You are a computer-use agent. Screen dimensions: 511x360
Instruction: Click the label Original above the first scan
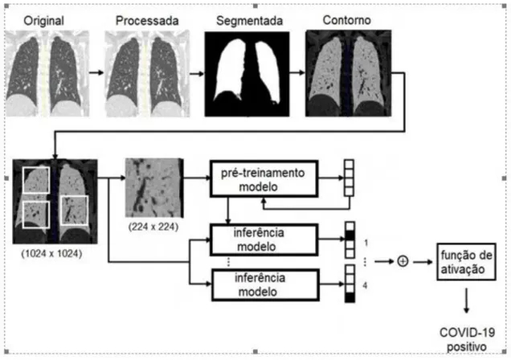coord(43,21)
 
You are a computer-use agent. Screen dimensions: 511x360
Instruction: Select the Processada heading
coord(147,21)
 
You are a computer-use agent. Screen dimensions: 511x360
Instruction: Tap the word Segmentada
coord(249,21)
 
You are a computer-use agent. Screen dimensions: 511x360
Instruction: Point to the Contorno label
coord(347,20)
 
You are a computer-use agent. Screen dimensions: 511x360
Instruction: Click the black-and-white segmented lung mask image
coord(247,74)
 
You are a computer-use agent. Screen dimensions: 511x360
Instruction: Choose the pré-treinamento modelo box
coord(264,178)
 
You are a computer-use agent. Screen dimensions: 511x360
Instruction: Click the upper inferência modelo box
coord(264,239)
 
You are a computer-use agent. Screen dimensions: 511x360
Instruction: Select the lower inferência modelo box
coord(265,284)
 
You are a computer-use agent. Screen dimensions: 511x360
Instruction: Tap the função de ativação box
coord(466,262)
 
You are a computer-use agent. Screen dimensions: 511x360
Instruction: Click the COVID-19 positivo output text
coord(467,339)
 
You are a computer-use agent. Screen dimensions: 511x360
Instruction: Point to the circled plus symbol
coord(403,261)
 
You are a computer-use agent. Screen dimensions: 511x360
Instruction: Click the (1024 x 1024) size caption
coord(51,253)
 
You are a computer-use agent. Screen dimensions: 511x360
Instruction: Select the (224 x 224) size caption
coord(153,227)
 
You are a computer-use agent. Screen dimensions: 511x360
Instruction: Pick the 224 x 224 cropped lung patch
coord(154,188)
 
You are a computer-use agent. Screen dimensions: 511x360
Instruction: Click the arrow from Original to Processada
coord(96,72)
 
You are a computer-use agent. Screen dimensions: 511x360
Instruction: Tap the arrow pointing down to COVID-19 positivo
coord(466,301)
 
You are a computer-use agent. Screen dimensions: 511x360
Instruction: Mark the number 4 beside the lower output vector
coord(365,285)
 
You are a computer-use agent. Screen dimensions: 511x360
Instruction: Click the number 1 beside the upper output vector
coord(366,243)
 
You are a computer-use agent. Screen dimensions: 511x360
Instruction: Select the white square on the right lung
coord(75,211)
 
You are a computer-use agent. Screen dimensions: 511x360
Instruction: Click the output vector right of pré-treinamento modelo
coord(349,178)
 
